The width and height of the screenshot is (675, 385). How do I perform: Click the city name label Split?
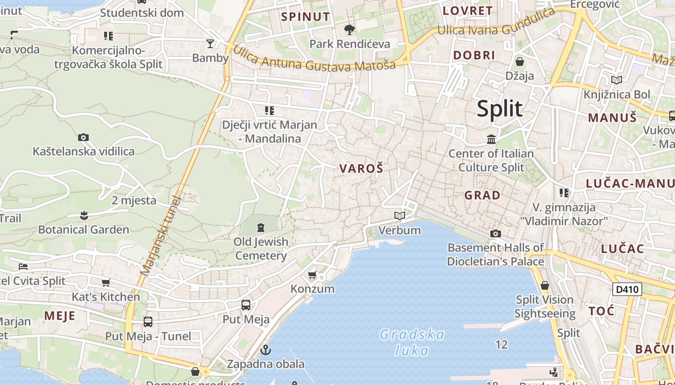click(499, 109)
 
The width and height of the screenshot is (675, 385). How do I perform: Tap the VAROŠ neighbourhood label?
click(361, 168)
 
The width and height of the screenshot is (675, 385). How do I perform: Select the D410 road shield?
click(627, 289)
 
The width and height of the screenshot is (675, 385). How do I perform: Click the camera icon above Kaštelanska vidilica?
click(83, 138)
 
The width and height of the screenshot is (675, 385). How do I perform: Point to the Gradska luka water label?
click(412, 342)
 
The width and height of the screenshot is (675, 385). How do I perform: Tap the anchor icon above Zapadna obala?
click(265, 350)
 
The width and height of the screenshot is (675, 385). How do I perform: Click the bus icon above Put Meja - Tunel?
click(148, 322)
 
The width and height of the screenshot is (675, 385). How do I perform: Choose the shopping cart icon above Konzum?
click(312, 275)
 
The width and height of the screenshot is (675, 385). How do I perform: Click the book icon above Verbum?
click(399, 216)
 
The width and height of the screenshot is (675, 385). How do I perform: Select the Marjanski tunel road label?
click(160, 236)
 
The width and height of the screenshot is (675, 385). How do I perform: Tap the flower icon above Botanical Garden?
click(84, 216)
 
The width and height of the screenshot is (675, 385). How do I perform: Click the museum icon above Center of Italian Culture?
click(491, 140)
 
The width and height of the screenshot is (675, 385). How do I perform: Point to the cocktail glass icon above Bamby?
click(210, 44)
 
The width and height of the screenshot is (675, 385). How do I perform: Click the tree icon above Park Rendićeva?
click(350, 30)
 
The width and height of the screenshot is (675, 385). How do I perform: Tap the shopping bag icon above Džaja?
click(520, 62)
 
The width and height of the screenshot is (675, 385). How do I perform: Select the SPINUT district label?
click(306, 17)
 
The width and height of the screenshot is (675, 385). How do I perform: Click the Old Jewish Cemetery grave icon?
click(261, 227)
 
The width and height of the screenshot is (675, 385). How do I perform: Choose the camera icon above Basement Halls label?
click(495, 234)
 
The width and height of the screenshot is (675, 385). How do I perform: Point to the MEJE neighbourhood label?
click(60, 316)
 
